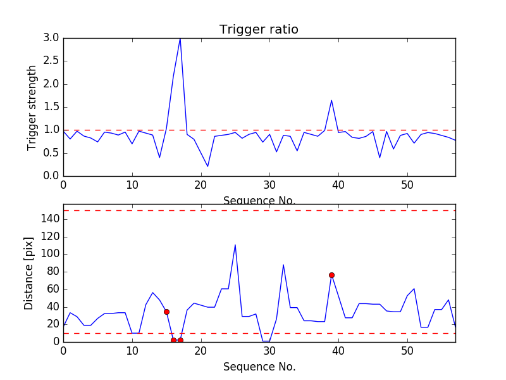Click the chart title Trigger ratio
click(259, 30)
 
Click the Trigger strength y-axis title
click(32, 107)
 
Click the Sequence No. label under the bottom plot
click(259, 367)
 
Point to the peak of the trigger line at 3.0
click(180, 38)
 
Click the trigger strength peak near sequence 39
click(331, 100)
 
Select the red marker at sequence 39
click(331, 275)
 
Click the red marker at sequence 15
click(166, 312)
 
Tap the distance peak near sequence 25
click(235, 245)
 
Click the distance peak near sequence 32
click(283, 265)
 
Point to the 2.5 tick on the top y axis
click(52, 61)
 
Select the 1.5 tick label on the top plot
click(52, 107)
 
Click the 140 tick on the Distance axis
click(51, 219)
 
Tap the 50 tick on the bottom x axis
click(407, 350)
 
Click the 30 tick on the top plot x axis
click(269, 184)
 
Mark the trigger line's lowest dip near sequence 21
click(207, 167)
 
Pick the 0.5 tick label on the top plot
click(52, 153)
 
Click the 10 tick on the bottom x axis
click(132, 350)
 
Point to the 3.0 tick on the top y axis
click(52, 38)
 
